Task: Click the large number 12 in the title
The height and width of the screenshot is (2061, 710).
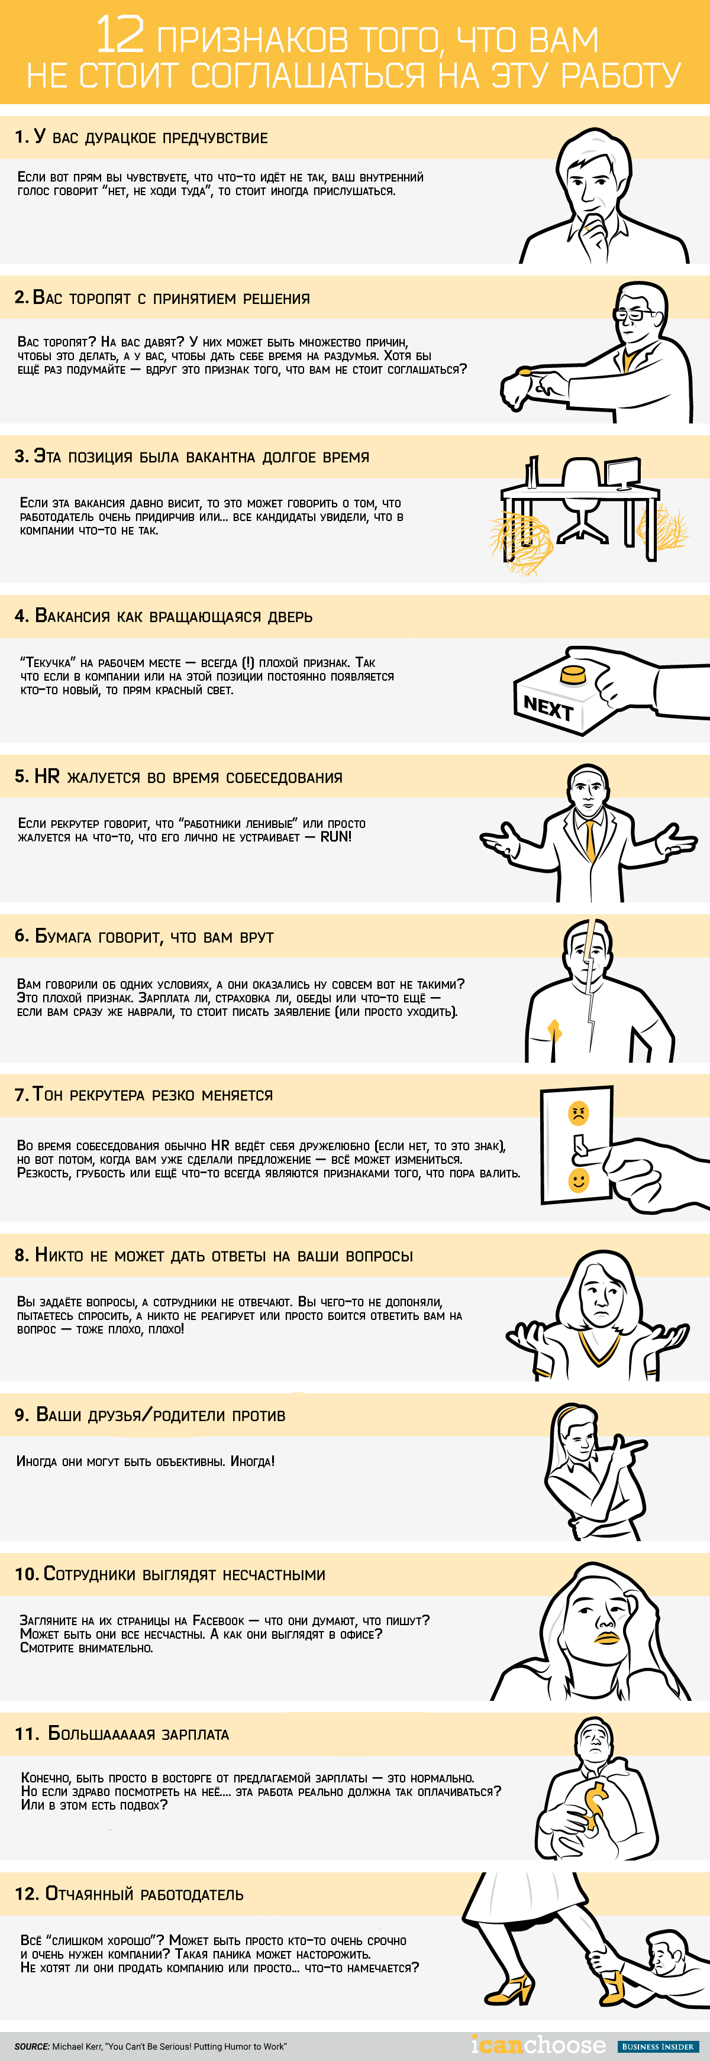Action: (x=120, y=35)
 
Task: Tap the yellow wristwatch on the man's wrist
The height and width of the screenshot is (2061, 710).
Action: (x=524, y=371)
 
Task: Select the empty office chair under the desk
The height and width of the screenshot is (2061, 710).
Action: (x=582, y=500)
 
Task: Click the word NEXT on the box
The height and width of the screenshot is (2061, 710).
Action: (x=548, y=707)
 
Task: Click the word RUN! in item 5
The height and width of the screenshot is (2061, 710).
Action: (x=336, y=836)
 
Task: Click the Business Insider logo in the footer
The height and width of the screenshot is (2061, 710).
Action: (x=657, y=2046)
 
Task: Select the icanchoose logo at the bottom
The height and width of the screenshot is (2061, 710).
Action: (x=538, y=2044)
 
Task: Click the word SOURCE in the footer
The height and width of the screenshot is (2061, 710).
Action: (x=31, y=2046)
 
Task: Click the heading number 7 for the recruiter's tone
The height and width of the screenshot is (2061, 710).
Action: (x=21, y=1095)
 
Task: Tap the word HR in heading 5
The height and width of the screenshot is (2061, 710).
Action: (x=46, y=776)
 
